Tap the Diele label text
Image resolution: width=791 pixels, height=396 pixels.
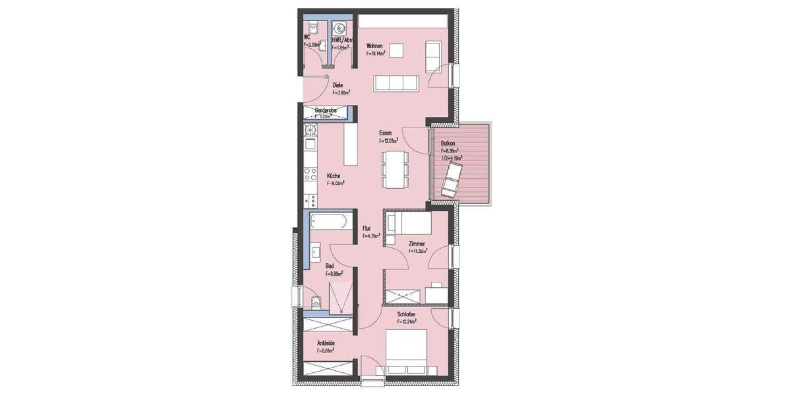[337, 84]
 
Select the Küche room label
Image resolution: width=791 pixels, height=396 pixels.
[334, 176]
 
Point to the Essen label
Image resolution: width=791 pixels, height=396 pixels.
[385, 133]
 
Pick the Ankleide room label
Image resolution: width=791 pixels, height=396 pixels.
[326, 343]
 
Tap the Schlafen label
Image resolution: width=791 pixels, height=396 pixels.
[407, 315]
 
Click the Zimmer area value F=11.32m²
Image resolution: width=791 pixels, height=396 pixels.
[418, 251]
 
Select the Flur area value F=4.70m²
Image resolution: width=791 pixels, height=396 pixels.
[372, 236]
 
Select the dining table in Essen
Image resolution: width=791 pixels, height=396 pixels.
[395, 168]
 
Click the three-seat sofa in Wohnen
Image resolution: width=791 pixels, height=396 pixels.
[395, 83]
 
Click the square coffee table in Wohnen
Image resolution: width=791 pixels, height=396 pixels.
[395, 51]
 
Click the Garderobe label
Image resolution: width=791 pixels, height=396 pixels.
[326, 110]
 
